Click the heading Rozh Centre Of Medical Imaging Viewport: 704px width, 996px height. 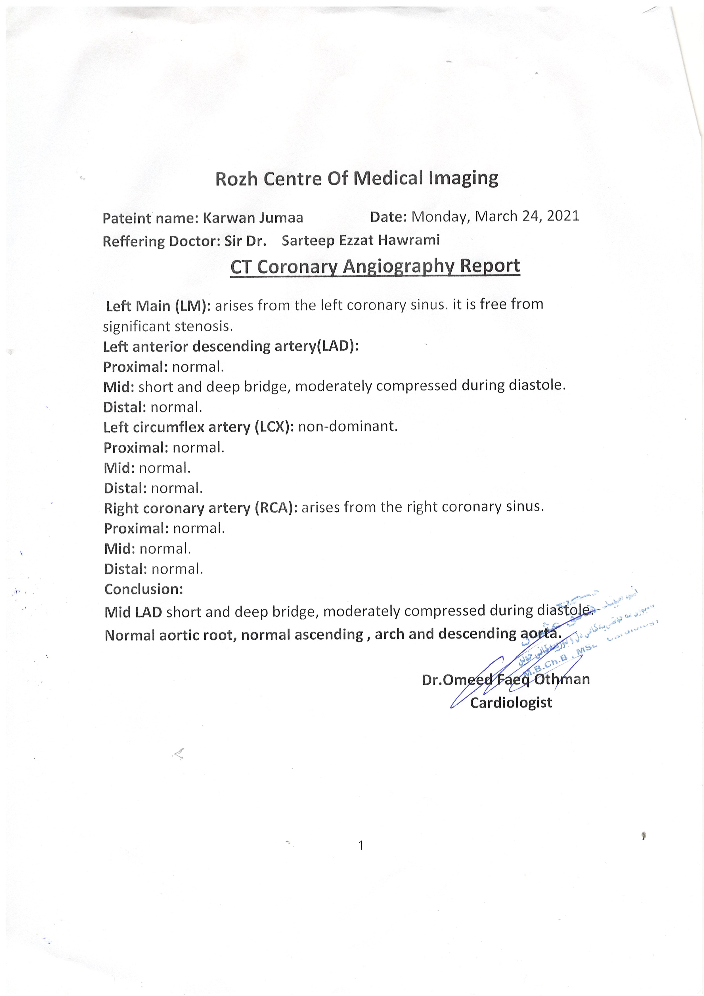[357, 179]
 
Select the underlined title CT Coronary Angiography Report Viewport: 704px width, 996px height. [375, 266]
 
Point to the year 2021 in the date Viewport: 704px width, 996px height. [563, 216]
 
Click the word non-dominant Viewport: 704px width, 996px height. [347, 426]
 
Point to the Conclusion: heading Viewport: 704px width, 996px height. [144, 589]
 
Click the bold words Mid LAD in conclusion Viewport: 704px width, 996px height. [133, 612]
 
